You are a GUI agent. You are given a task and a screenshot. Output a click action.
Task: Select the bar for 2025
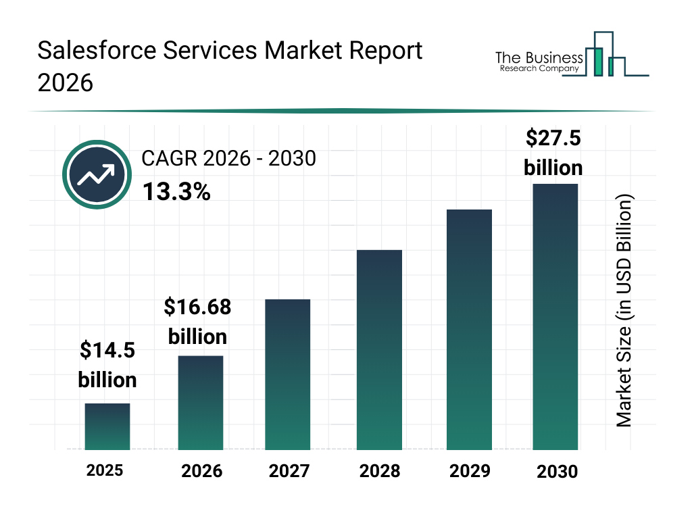click(x=107, y=426)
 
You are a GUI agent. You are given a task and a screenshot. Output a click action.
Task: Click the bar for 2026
click(x=201, y=403)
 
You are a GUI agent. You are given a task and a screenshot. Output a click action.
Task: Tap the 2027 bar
click(x=288, y=374)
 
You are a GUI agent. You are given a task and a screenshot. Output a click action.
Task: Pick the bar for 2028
click(x=379, y=350)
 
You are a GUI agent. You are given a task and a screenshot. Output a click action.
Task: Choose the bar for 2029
click(x=469, y=330)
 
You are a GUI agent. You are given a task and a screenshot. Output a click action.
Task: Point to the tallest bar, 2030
click(x=555, y=316)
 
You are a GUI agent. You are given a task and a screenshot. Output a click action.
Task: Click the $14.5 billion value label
click(x=107, y=365)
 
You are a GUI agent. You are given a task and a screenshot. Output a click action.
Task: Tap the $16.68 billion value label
click(x=197, y=322)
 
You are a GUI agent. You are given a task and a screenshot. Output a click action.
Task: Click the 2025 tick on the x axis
click(x=105, y=470)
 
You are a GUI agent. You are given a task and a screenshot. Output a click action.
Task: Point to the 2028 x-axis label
click(x=379, y=470)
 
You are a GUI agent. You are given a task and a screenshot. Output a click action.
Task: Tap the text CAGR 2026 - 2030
click(x=228, y=159)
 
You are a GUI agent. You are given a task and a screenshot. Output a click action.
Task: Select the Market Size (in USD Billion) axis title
click(x=624, y=311)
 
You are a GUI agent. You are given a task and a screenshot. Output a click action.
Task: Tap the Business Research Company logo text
click(x=539, y=61)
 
